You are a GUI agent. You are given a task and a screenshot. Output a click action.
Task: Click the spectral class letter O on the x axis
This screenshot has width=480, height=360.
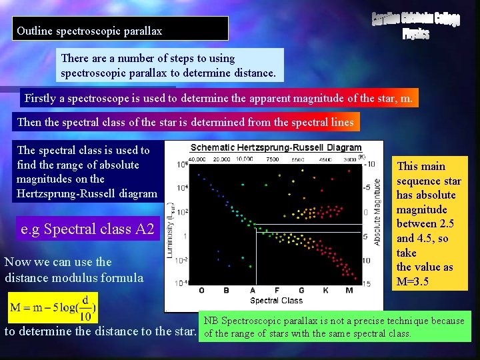click(x=202, y=290)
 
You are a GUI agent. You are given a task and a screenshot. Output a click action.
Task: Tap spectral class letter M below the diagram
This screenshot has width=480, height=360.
click(x=349, y=290)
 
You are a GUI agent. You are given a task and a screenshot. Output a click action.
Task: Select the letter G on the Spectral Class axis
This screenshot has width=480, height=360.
click(x=301, y=290)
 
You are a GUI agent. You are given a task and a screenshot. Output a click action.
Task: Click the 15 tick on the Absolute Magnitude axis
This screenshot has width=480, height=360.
click(x=366, y=284)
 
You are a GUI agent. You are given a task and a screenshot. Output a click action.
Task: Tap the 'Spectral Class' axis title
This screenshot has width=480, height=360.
click(x=276, y=301)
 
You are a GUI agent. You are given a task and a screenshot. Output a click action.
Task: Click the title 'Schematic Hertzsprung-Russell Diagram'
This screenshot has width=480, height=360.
click(x=276, y=147)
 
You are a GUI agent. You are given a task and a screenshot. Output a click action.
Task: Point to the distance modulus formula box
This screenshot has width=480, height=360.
click(x=53, y=309)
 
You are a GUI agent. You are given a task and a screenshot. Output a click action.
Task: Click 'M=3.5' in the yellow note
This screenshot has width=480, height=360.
click(x=422, y=281)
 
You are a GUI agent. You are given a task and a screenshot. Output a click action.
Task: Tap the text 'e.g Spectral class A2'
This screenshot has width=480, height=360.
click(x=88, y=229)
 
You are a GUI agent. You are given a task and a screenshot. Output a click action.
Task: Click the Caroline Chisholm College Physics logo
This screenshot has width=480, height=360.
click(x=415, y=25)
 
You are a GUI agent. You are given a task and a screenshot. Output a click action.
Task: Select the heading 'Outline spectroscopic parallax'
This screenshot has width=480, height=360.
click(x=89, y=31)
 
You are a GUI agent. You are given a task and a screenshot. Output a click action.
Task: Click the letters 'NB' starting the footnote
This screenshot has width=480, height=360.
click(x=210, y=321)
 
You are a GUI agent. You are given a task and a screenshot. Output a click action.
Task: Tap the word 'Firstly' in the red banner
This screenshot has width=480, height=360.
click(x=41, y=99)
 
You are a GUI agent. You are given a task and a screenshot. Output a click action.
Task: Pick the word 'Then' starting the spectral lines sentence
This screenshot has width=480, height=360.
click(x=29, y=122)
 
